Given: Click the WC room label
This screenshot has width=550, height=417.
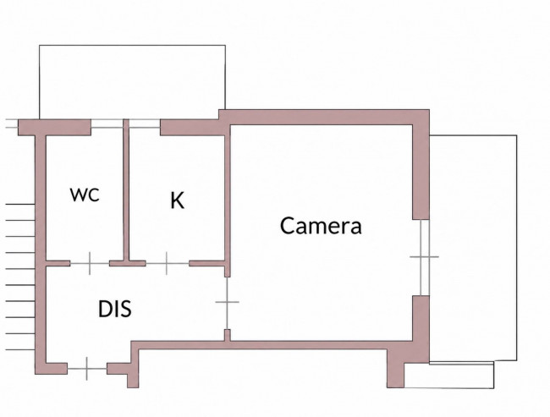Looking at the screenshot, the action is point(85,195).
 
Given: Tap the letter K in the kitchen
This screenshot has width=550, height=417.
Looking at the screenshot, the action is point(177,200).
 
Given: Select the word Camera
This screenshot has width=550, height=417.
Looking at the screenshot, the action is point(321,226).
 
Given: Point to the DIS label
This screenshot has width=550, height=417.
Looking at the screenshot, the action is point(115,309).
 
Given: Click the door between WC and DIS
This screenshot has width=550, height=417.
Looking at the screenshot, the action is point(90,263).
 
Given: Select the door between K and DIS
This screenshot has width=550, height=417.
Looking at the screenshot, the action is point(167,263).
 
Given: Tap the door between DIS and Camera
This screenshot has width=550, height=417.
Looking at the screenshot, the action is point(228,302).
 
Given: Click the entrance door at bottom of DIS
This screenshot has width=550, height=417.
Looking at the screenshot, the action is point(87,369).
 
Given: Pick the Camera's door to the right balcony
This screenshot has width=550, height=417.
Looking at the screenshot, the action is point(425,257).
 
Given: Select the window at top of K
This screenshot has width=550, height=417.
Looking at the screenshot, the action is point(145,123).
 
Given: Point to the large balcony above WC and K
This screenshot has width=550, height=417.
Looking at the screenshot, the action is point(132,82).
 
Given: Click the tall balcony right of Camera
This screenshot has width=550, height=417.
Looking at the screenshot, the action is point(473,248).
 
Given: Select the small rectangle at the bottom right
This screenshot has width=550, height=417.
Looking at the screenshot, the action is point(449,376).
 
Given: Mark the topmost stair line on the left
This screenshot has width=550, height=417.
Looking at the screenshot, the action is point(20,204).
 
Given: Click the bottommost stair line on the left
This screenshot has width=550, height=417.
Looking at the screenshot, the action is point(20,349).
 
